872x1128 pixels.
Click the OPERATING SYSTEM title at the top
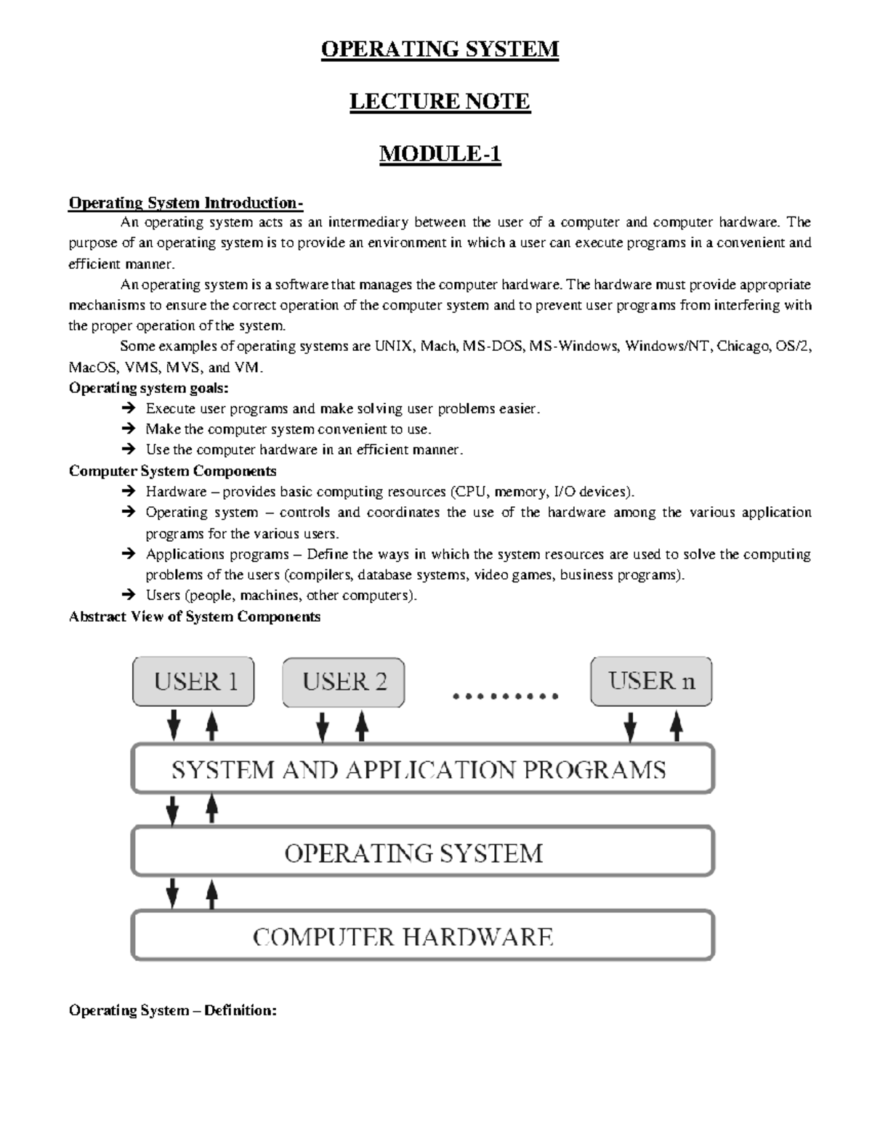(x=440, y=49)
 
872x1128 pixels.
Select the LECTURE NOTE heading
(x=440, y=102)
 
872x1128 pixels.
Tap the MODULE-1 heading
(x=440, y=154)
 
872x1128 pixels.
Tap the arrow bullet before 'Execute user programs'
(x=129, y=409)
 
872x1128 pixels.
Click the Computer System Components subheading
(x=172, y=471)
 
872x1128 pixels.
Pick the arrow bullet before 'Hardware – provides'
(x=129, y=492)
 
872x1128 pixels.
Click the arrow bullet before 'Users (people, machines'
(x=129, y=596)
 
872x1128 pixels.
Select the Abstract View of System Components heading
(x=194, y=617)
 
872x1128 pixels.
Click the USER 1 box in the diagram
(x=193, y=681)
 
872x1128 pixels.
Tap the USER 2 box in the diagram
(x=344, y=681)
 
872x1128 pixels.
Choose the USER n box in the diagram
(x=651, y=681)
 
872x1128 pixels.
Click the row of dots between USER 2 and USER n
(x=505, y=697)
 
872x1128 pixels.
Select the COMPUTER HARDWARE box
(x=422, y=936)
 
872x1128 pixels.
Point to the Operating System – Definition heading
(x=172, y=1010)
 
